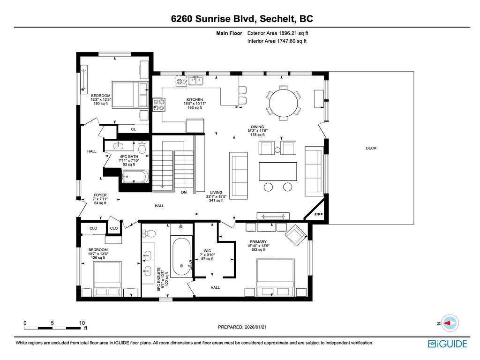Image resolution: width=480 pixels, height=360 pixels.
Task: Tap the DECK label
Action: (371, 148)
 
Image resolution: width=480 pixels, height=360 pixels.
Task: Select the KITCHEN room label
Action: (195, 100)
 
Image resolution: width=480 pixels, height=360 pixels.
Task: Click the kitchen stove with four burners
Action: (159, 104)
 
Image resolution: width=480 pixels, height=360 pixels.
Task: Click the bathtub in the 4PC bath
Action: (135, 177)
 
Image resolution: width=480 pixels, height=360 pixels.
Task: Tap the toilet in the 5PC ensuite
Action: (150, 233)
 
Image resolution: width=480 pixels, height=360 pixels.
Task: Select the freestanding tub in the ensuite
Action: (181, 258)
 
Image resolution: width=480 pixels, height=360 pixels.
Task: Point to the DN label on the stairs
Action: (184, 192)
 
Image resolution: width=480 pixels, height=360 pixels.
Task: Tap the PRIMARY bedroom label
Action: (258, 241)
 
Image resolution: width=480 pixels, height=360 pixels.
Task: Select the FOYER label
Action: (100, 195)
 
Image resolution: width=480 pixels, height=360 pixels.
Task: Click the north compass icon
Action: (450, 323)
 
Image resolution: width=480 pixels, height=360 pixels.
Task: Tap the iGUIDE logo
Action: (447, 344)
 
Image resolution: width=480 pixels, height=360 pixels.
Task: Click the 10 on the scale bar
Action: (82, 323)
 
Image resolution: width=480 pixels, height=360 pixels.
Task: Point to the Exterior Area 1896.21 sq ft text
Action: (277, 33)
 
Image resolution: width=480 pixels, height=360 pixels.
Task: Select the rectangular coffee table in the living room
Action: (277, 171)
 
